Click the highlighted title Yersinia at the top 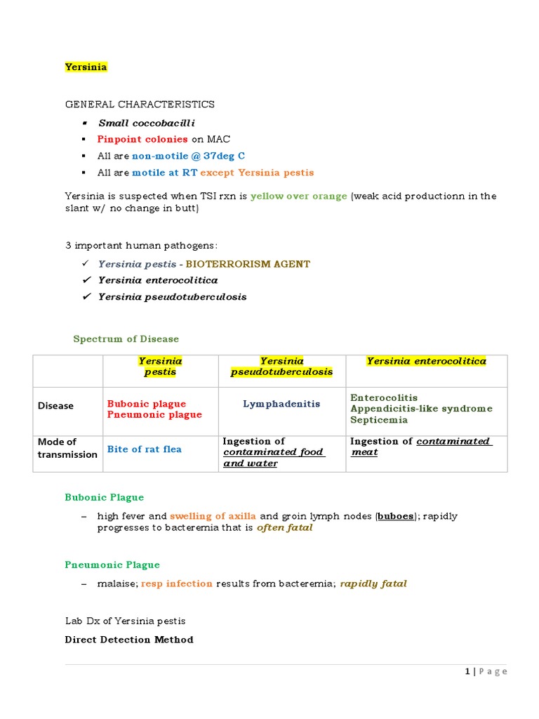(86, 67)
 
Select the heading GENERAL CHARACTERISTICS (140, 104)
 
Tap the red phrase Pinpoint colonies (142, 139)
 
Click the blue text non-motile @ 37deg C (188, 156)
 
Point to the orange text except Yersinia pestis (257, 173)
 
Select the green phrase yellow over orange (298, 197)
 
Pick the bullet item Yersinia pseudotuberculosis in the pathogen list (172, 297)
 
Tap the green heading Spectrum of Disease (126, 339)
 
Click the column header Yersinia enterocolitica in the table (426, 361)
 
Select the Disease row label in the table (55, 406)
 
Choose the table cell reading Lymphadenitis (281, 404)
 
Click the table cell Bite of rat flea (144, 449)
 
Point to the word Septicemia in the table (378, 420)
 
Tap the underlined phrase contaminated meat (421, 447)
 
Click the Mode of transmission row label (67, 448)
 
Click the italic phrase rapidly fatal (373, 583)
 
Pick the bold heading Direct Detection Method (129, 640)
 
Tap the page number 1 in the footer (467, 672)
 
